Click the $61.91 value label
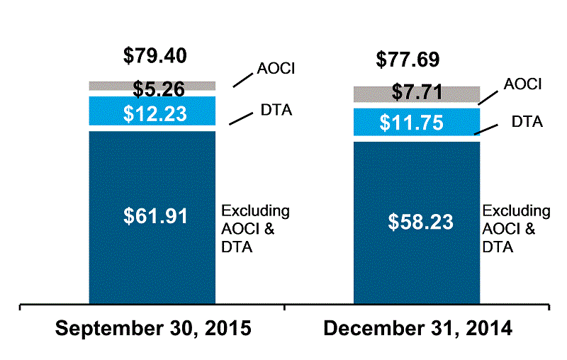[153, 215]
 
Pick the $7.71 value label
[418, 93]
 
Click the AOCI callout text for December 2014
[522, 85]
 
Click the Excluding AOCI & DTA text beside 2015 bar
[256, 229]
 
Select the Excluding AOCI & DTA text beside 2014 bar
[516, 229]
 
